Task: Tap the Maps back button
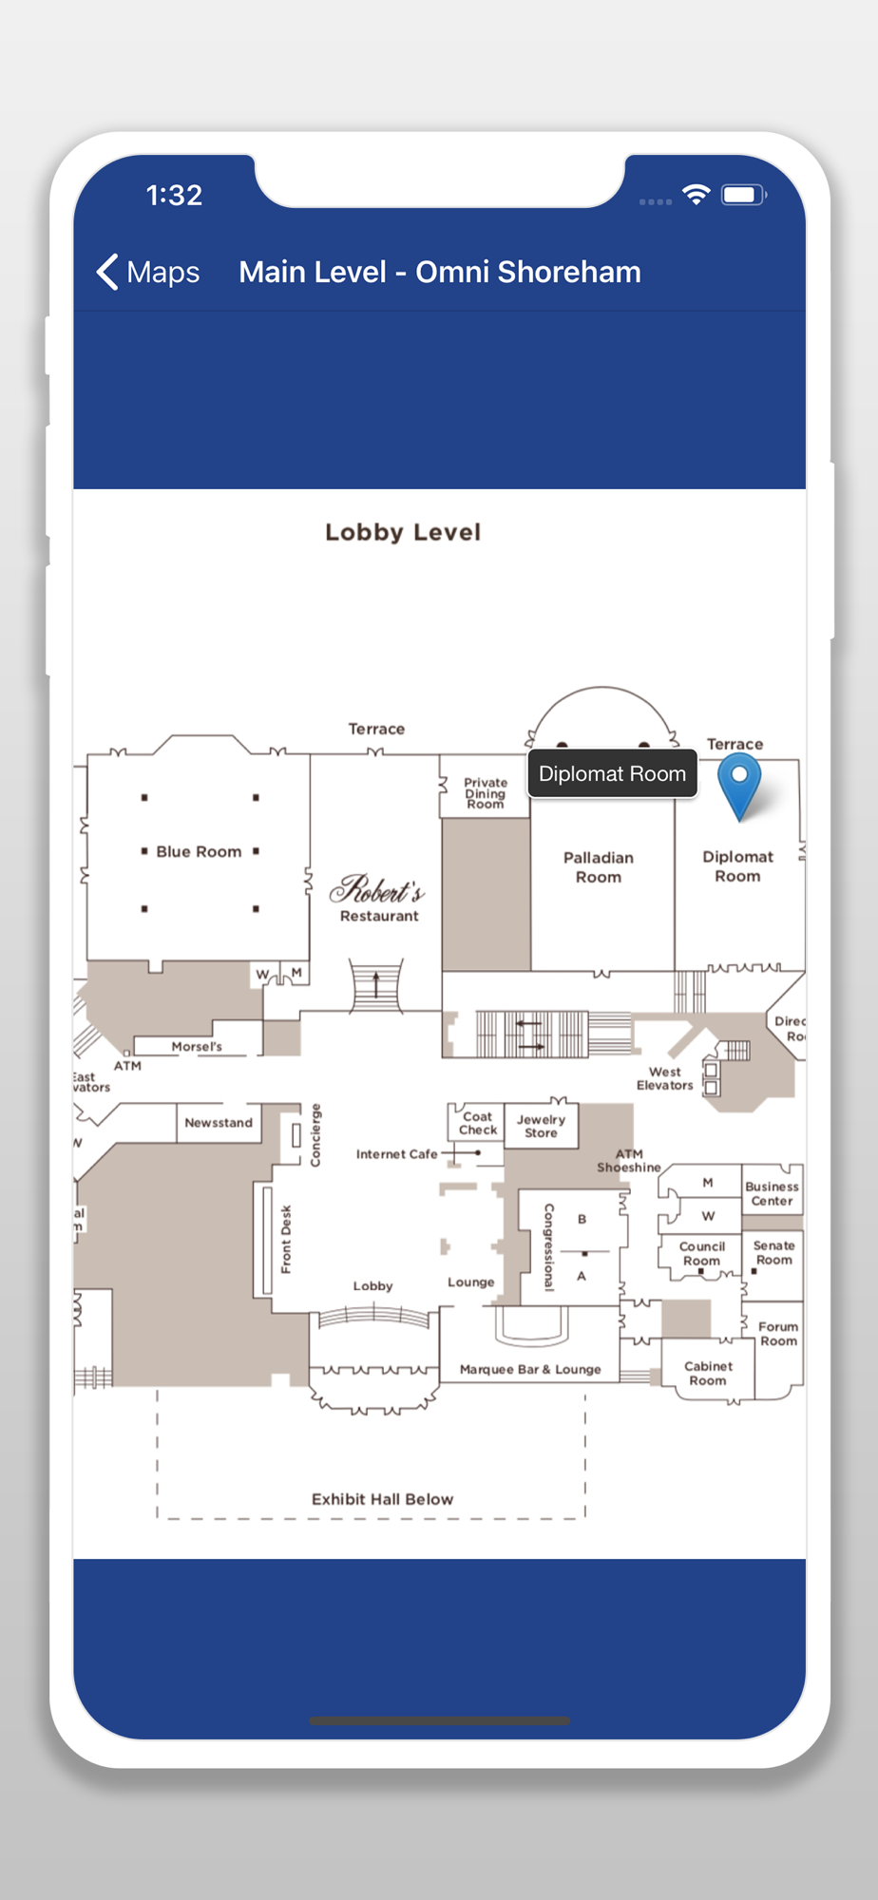coord(148,273)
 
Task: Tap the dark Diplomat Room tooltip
coord(612,774)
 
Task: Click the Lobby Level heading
coord(403,532)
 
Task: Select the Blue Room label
coord(199,852)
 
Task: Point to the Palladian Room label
coord(599,867)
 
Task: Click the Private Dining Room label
coord(485,793)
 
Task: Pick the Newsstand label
coord(219,1123)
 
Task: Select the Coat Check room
coord(477,1124)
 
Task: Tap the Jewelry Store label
coord(541,1126)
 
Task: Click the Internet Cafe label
coord(396,1154)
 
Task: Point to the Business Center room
coord(772,1194)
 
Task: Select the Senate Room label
coord(773,1253)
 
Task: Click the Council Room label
coord(702,1254)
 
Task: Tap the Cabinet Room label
coord(708,1374)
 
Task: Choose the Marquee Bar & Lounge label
coord(530,1370)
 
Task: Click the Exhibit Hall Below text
coord(382,1499)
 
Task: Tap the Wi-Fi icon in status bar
coord(697,196)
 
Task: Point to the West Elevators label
coord(665,1078)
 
